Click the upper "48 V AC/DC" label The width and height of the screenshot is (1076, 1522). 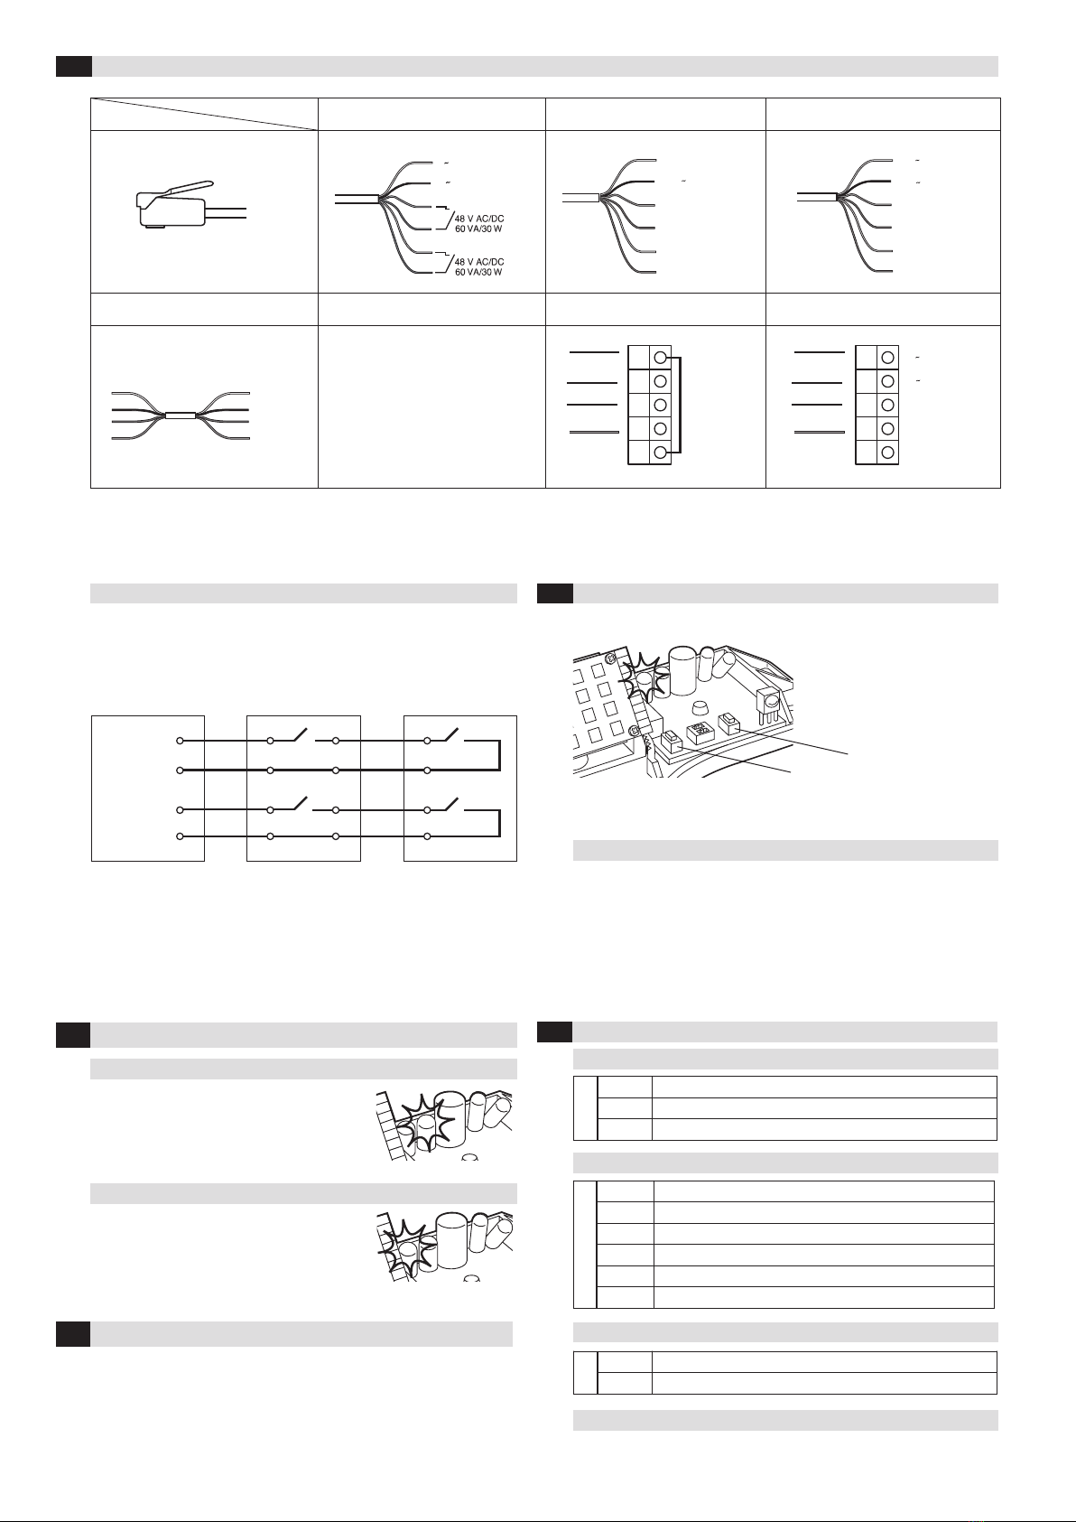coord(479,219)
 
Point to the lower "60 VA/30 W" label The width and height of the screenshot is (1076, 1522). coord(478,273)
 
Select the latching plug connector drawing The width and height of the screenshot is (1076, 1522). coord(190,204)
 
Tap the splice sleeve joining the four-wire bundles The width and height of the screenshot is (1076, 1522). coord(181,416)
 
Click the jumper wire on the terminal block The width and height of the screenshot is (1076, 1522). coord(679,405)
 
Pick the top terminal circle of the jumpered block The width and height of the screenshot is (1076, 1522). coord(660,358)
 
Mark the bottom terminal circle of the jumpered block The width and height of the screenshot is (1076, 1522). coord(660,453)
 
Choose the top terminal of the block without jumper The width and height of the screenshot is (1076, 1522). coord(887,358)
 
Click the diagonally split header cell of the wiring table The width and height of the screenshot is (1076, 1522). coord(204,114)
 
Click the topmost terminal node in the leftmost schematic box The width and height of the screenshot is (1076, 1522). coord(180,741)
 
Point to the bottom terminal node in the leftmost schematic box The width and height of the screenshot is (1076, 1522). coord(180,836)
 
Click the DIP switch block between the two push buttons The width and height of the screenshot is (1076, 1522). coord(698,733)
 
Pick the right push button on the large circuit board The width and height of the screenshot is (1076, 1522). coord(728,722)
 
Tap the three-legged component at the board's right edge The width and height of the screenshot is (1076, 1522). coord(766,705)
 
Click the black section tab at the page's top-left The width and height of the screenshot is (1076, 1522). coord(74,66)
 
